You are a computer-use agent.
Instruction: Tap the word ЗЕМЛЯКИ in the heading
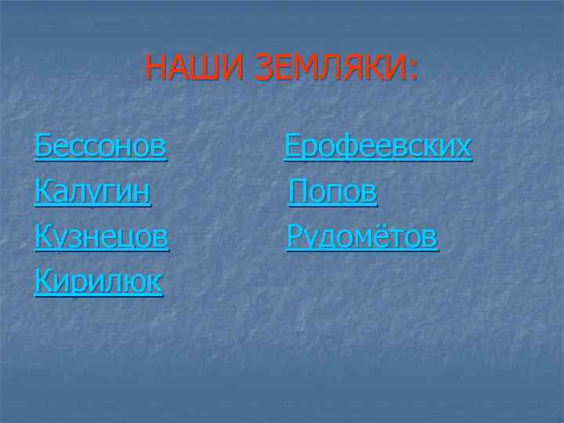click(x=328, y=68)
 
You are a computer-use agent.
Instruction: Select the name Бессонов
click(x=100, y=146)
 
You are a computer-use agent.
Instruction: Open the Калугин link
click(x=92, y=191)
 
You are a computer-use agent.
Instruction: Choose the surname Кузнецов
click(x=101, y=236)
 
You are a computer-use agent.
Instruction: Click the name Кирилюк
click(x=98, y=280)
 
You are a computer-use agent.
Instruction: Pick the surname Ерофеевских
click(x=378, y=146)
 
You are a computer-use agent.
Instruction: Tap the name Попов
click(x=333, y=191)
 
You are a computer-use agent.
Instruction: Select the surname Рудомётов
click(x=363, y=236)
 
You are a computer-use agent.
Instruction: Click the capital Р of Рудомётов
click(x=295, y=236)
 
